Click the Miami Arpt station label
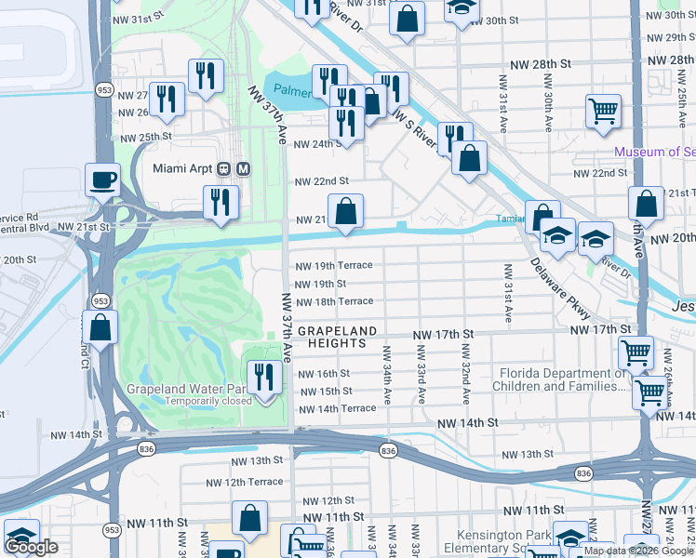182,168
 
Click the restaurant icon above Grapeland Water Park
265,377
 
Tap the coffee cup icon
102,179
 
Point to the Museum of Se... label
654,152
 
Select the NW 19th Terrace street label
333,266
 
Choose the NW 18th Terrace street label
333,301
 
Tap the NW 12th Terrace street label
245,482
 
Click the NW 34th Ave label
384,375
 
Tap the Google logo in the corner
31,547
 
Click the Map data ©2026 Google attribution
637,551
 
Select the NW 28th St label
540,64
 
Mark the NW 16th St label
323,374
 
